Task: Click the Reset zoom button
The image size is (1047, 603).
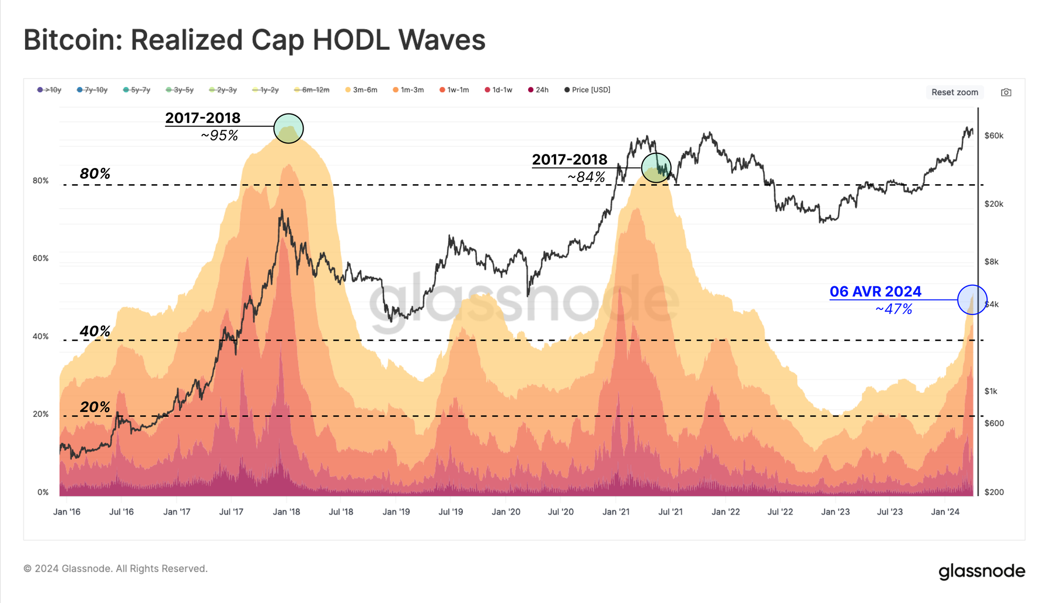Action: pos(954,92)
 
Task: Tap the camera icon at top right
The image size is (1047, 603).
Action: pos(1006,93)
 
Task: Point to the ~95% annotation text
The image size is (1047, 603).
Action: pos(219,136)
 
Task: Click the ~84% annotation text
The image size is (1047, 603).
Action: pos(586,177)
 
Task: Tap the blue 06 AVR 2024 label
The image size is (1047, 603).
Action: pos(875,292)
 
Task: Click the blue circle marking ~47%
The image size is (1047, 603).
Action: pos(972,300)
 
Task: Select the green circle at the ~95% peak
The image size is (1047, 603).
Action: pos(288,128)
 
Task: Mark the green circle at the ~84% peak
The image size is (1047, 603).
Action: pos(656,167)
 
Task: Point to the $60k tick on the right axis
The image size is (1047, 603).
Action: pos(994,136)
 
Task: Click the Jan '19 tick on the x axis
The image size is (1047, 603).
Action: pos(396,512)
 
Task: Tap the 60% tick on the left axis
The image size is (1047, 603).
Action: pos(40,259)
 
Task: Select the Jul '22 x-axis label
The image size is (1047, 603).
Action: pos(780,512)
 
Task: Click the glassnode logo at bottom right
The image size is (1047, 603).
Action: pos(982,571)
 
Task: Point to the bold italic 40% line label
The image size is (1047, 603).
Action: pos(95,331)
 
